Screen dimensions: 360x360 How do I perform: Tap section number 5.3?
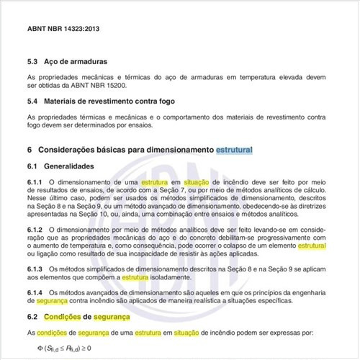click(x=32, y=63)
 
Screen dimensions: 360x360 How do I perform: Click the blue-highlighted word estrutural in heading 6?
click(x=234, y=150)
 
